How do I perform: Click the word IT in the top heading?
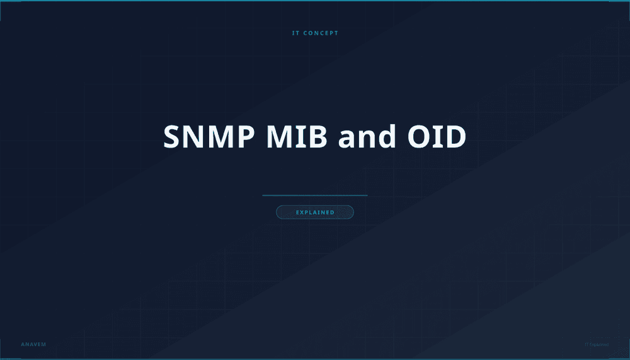[296, 33]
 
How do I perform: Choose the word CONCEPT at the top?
[321, 33]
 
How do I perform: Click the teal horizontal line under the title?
[314, 195]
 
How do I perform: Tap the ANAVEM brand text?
[33, 344]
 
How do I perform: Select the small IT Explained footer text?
[596, 344]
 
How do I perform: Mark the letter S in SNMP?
[173, 137]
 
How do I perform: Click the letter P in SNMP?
[231, 137]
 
